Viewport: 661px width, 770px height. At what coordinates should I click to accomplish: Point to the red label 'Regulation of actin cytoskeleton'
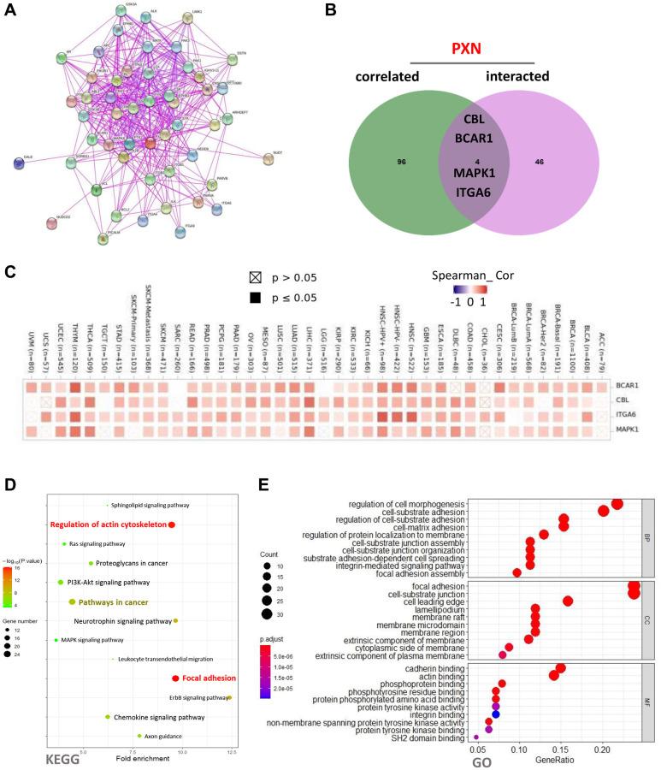point(108,524)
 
